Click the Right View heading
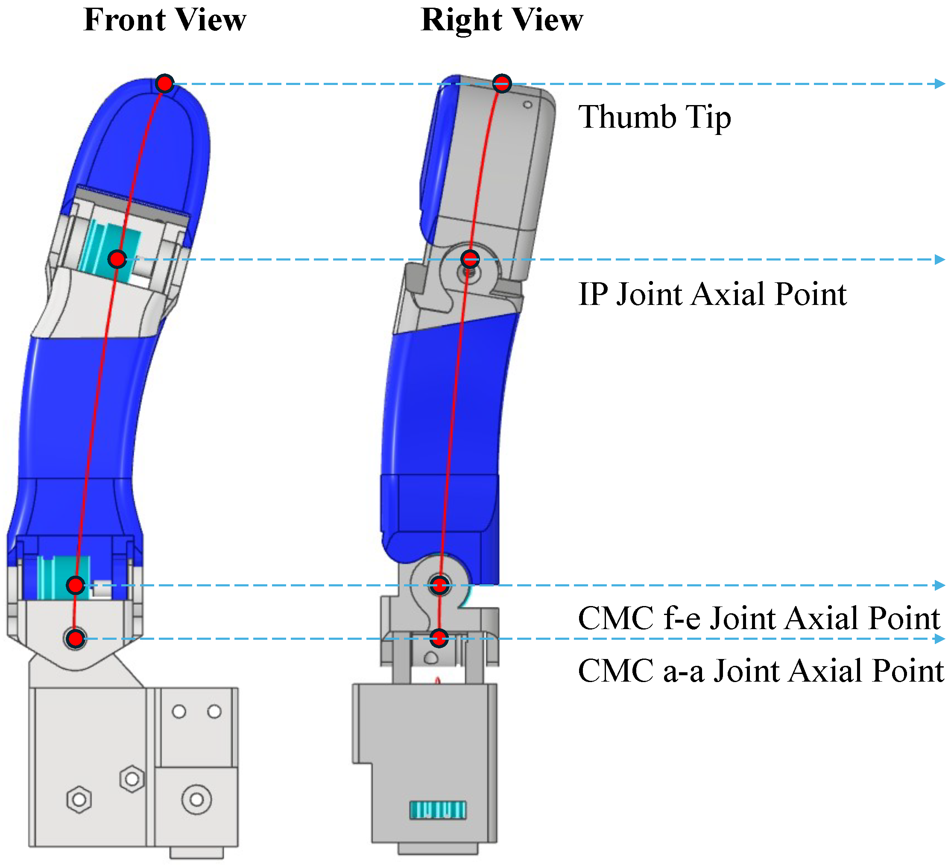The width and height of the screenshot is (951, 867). click(502, 21)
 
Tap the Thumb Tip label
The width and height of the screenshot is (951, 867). click(655, 117)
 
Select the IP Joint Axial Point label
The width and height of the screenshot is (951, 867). click(712, 294)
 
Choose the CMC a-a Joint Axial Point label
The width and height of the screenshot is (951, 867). click(761, 670)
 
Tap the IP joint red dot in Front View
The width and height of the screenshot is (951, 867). click(117, 259)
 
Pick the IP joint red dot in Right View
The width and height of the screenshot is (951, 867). click(470, 258)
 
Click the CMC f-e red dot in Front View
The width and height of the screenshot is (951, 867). click(76, 586)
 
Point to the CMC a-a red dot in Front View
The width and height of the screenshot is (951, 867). click(76, 639)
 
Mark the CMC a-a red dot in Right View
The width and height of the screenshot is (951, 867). click(439, 638)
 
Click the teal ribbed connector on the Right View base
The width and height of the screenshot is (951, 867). click(438, 810)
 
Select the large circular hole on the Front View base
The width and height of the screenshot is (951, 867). click(196, 800)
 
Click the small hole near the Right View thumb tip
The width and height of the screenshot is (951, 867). click(527, 105)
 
